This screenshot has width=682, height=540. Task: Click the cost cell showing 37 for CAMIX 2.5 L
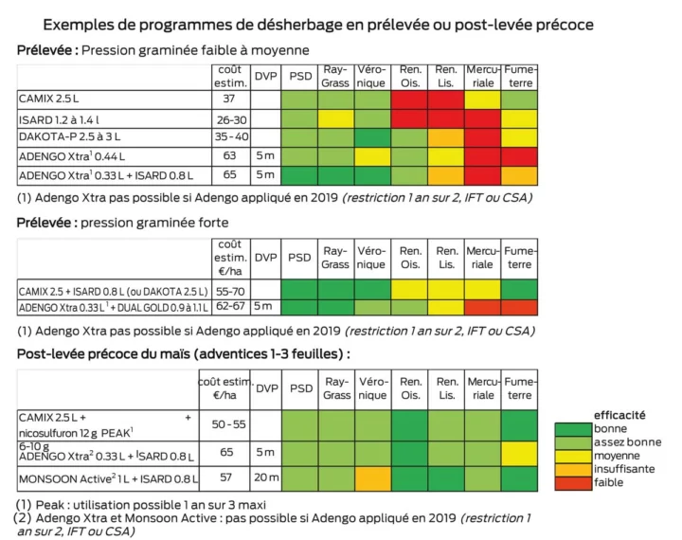click(229, 99)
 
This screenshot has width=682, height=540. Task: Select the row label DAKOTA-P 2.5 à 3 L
click(71, 136)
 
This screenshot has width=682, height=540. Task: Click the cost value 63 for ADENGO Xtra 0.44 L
click(229, 155)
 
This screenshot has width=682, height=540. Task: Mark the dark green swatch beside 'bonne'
click(572, 428)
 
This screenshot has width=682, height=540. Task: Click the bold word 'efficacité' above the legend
click(619, 415)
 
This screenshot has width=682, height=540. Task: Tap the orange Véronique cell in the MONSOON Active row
click(373, 477)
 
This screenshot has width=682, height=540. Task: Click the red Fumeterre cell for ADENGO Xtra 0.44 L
click(519, 155)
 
